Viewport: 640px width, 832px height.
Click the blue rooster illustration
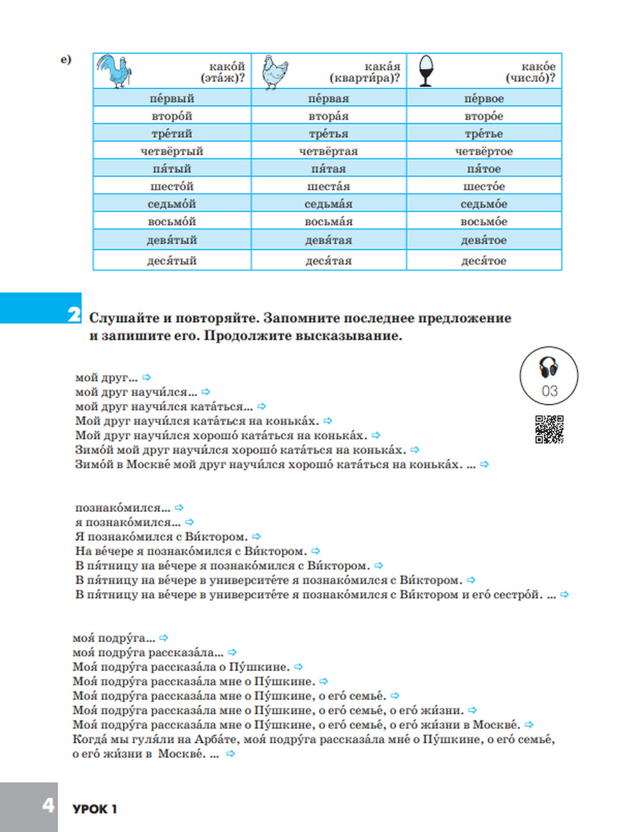pos(115,70)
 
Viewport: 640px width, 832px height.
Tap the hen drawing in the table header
pos(275,71)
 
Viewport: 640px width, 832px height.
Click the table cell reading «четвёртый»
pos(172,151)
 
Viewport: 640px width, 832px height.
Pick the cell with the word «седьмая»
pos(328,204)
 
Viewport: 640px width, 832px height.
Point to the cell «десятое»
pos(484,260)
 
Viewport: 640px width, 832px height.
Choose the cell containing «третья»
pos(328,134)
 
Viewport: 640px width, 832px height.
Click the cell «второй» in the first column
pos(172,116)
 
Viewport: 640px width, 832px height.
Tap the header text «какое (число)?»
pos(531,72)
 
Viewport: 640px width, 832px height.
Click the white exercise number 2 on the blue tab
pos(74,314)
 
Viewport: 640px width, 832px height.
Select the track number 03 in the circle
pos(549,390)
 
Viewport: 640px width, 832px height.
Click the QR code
pos(549,429)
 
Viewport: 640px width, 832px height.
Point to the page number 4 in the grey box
pos(49,804)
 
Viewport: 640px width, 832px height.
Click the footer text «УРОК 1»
pos(95,809)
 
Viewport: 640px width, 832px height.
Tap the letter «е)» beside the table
pos(66,60)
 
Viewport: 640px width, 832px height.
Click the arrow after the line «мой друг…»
pos(147,378)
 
